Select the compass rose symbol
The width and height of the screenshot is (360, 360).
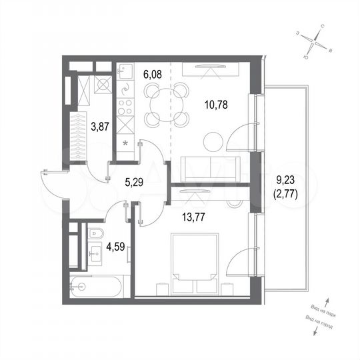tap(313, 42)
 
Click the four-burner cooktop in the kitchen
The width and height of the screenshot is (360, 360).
tap(126, 105)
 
